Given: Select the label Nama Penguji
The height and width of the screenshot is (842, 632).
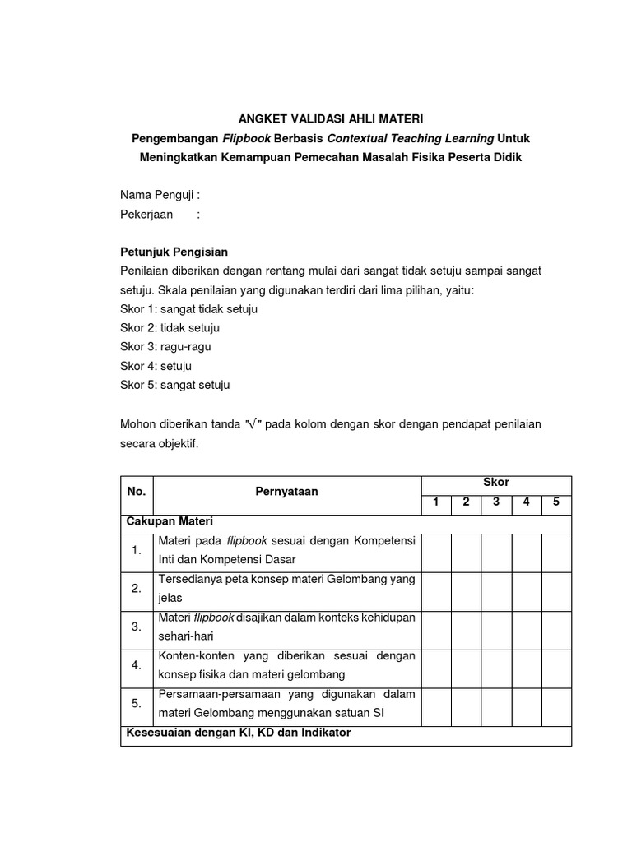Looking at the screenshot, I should pos(159,196).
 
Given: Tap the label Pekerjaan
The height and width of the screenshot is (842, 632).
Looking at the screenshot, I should pos(146,215).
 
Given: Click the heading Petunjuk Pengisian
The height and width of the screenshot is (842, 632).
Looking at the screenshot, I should pos(174,252).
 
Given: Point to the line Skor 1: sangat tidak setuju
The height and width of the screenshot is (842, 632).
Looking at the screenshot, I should pos(188,309).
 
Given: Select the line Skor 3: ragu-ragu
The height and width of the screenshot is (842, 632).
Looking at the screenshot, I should pos(165,347).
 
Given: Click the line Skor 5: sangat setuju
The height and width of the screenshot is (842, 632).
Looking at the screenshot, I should pos(174,385).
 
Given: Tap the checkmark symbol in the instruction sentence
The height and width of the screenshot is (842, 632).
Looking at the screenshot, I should pos(253,424).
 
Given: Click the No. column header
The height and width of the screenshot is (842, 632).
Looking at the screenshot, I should pos(136,492).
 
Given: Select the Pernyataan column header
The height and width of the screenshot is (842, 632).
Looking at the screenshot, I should pos(286,492).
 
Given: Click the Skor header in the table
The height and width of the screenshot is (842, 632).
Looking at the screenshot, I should pos(496,483).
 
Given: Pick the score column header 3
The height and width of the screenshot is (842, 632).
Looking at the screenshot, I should pos(496,502).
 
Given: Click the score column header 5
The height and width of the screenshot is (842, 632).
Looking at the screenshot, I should pos(556,502).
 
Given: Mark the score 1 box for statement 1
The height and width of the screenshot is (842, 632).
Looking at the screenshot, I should pos(436,552).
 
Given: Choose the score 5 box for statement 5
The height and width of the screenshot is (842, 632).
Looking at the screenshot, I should pos(556,705).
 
